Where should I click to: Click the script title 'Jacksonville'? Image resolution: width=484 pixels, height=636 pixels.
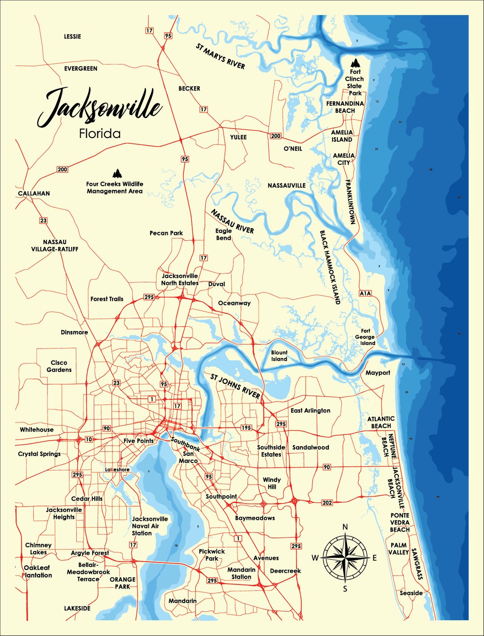(x=99, y=107)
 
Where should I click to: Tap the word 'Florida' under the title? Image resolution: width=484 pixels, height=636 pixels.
(x=99, y=134)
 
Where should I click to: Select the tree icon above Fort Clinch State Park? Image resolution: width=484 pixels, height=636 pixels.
(x=355, y=62)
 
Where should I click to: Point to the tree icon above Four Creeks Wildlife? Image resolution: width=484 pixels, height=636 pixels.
(x=117, y=173)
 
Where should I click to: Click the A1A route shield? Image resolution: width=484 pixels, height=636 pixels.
(x=365, y=293)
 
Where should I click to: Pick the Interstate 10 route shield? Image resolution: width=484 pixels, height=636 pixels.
(x=89, y=439)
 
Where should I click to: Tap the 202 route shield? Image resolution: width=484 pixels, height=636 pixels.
(x=327, y=502)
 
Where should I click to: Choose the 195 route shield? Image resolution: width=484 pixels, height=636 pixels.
(x=246, y=428)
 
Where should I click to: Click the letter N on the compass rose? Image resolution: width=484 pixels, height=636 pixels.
(x=345, y=527)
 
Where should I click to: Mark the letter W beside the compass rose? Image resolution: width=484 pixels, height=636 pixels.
(x=315, y=558)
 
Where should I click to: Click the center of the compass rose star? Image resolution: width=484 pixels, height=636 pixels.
(x=345, y=558)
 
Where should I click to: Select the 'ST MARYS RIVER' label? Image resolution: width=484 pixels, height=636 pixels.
(x=220, y=56)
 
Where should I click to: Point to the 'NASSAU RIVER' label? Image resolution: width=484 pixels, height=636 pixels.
(x=232, y=221)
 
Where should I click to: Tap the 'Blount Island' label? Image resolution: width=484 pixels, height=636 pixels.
(x=279, y=356)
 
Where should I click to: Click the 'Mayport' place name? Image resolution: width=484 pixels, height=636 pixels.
(x=378, y=373)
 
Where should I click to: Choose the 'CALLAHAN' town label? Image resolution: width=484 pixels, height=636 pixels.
(x=34, y=194)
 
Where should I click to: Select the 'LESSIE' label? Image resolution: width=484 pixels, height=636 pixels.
(x=73, y=36)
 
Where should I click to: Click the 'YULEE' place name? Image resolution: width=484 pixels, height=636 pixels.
(x=238, y=137)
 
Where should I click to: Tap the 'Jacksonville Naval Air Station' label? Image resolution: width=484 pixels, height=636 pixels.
(x=150, y=526)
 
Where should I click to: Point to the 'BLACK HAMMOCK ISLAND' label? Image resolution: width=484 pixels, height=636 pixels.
(x=330, y=267)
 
